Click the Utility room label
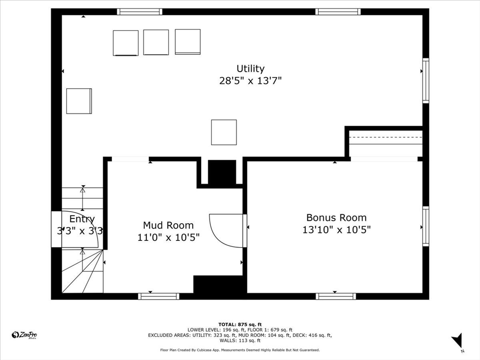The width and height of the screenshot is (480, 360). point(250,69)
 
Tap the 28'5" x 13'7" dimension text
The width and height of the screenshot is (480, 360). point(250,81)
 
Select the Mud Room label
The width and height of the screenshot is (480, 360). point(168,225)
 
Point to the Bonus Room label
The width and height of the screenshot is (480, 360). point(336,217)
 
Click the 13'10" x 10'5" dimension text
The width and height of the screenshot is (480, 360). point(336,230)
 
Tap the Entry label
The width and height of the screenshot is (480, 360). point(82,219)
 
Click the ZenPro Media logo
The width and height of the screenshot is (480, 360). point(24,335)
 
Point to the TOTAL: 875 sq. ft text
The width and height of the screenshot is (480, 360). point(240,324)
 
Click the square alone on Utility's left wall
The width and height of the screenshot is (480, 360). point(79,101)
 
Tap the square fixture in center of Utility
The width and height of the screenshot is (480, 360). point(224,132)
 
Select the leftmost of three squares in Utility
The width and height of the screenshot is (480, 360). point(126,43)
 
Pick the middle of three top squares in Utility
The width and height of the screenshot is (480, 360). point(156,42)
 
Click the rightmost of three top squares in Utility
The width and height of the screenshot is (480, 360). point(187,42)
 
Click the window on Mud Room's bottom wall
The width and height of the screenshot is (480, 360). point(158,296)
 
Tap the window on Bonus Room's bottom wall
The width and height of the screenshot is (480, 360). point(336,296)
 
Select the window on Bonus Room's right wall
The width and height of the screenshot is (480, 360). point(426,226)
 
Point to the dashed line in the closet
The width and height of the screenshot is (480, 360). point(386,137)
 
